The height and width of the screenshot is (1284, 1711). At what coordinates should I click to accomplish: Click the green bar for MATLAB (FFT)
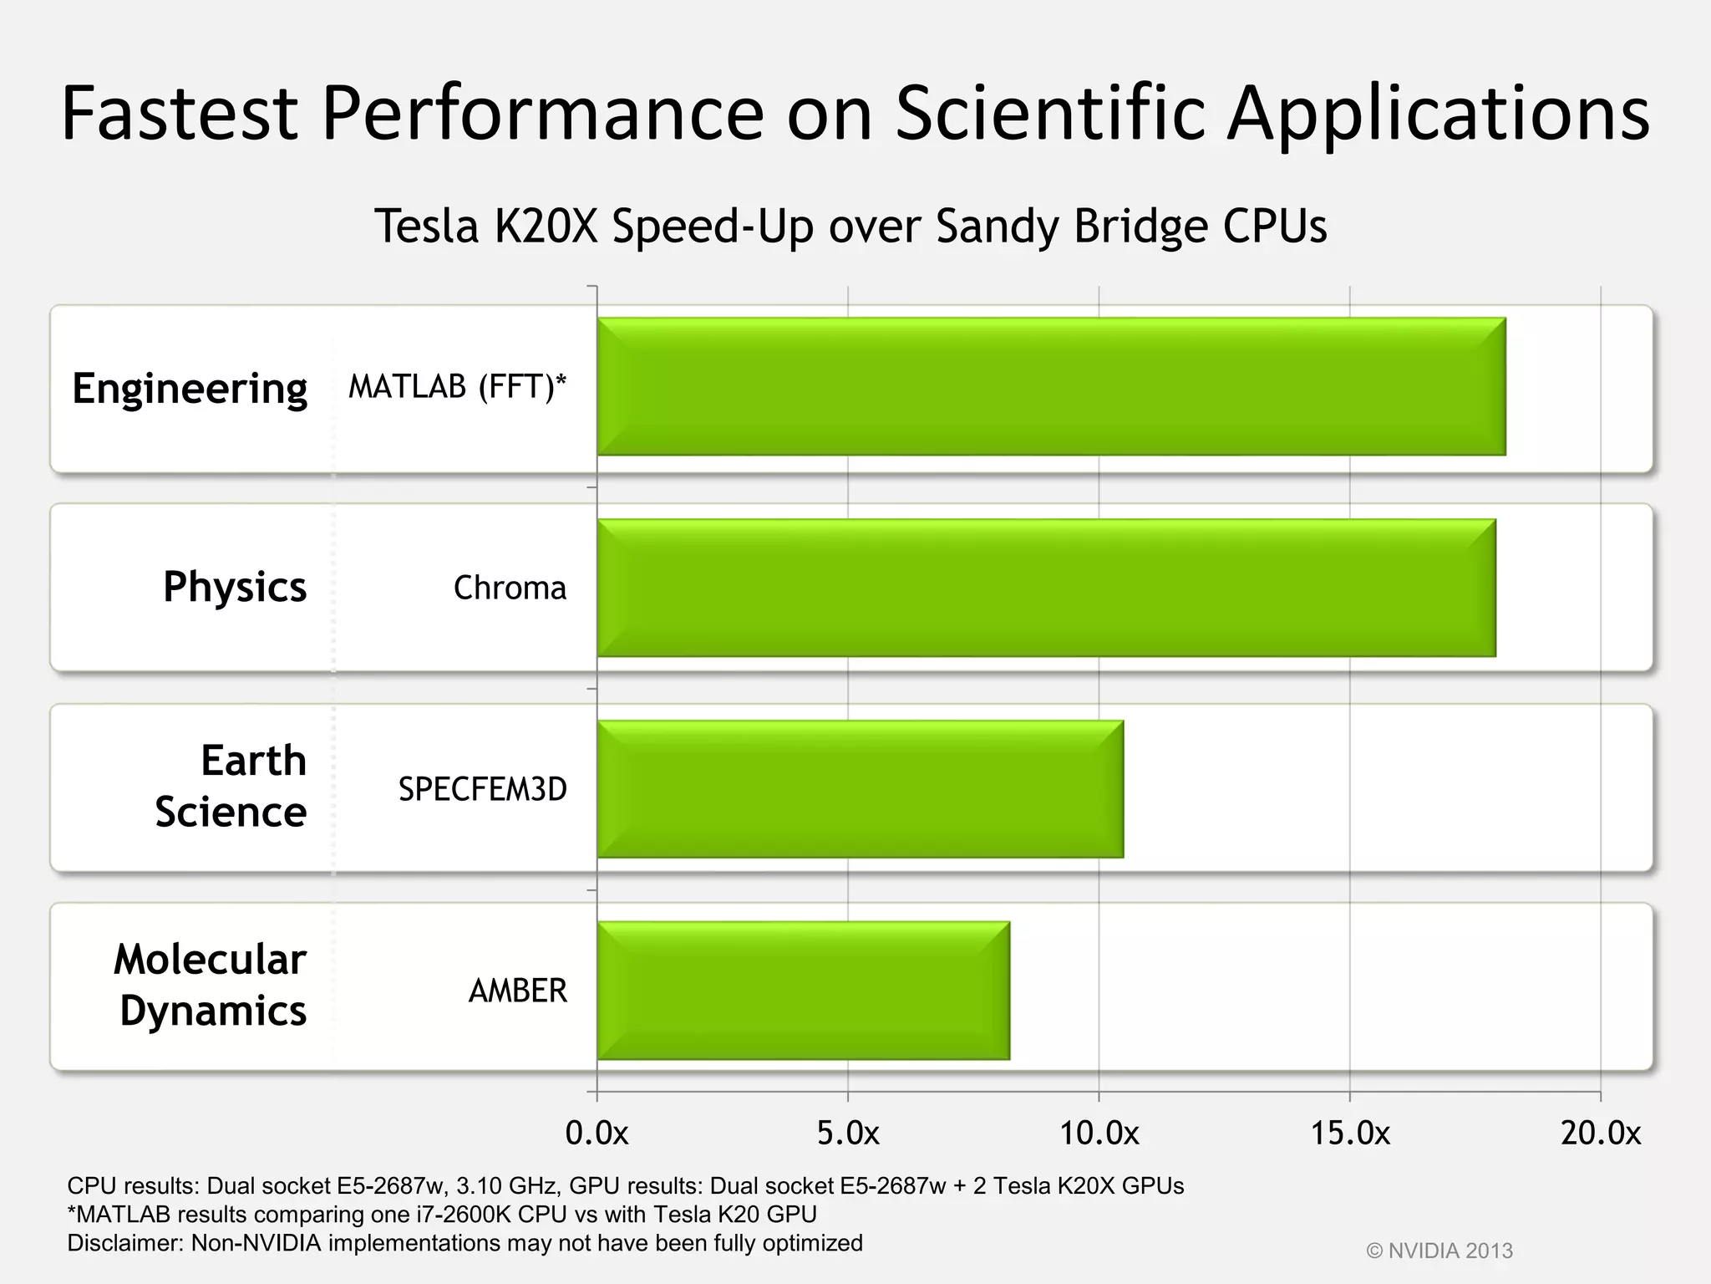1051,386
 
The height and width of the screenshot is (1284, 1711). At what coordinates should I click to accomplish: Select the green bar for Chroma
1046,588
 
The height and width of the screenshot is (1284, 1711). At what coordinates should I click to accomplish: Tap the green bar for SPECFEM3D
860,789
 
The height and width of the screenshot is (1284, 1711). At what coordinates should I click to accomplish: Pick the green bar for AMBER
803,991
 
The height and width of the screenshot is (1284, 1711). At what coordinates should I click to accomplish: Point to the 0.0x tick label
597,1134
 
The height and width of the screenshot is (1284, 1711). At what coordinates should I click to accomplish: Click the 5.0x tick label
848,1134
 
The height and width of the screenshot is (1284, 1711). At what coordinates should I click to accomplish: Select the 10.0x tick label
1099,1134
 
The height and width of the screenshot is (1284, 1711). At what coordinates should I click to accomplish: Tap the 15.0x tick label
1350,1134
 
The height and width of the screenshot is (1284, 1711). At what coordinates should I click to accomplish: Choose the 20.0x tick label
1601,1134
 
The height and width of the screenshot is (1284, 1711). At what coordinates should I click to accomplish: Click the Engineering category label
190,389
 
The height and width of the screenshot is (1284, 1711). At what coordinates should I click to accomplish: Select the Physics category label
235,587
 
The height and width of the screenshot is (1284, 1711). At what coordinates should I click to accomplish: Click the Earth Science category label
231,787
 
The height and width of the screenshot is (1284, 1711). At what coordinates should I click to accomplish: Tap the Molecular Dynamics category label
211,985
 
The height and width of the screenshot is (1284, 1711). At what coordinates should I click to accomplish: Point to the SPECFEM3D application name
482,789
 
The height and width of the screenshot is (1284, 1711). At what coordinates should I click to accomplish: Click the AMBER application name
517,991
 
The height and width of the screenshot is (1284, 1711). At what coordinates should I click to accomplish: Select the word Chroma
510,588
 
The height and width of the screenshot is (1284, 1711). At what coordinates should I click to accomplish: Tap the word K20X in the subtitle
546,226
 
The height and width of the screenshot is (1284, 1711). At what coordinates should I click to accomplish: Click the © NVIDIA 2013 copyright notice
1439,1251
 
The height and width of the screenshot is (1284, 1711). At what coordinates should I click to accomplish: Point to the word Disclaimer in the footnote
124,1243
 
